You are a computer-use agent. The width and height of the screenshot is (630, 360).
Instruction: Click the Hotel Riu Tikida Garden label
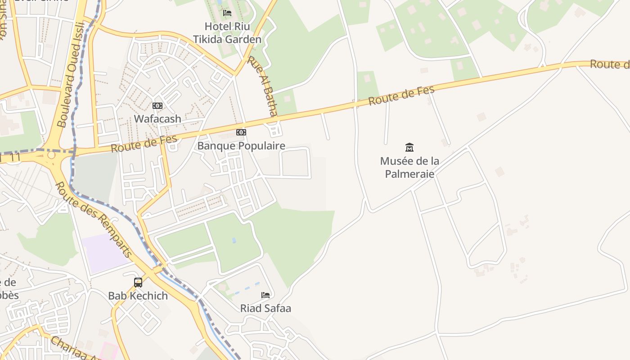(x=227, y=33)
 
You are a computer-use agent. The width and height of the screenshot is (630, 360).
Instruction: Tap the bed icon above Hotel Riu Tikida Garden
(x=227, y=13)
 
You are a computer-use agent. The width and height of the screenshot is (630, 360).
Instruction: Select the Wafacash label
(x=157, y=119)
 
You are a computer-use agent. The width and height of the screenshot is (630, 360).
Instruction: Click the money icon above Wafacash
(x=157, y=106)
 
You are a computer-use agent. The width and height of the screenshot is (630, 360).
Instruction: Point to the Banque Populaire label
(x=241, y=146)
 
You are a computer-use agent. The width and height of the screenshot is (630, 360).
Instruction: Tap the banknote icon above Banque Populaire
(x=241, y=132)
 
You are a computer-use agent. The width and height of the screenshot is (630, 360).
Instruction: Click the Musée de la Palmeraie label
(x=409, y=167)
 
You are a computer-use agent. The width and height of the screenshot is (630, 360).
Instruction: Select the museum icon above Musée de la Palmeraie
(x=409, y=147)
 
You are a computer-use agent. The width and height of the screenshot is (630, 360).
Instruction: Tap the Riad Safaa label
(x=265, y=308)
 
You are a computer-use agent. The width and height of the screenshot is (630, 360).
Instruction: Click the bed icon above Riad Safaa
(x=265, y=295)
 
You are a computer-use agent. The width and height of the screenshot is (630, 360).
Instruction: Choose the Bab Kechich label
(x=138, y=296)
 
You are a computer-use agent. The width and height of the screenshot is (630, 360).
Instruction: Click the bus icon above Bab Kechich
(x=138, y=283)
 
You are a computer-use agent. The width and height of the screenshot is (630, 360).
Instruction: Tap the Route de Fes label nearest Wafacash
(x=144, y=144)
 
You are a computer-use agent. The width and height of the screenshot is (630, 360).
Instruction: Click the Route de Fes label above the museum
(x=401, y=95)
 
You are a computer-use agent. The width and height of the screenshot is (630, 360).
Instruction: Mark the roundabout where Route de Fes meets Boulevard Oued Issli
(x=51, y=155)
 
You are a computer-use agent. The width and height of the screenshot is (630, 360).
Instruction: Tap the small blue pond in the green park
(x=234, y=240)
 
